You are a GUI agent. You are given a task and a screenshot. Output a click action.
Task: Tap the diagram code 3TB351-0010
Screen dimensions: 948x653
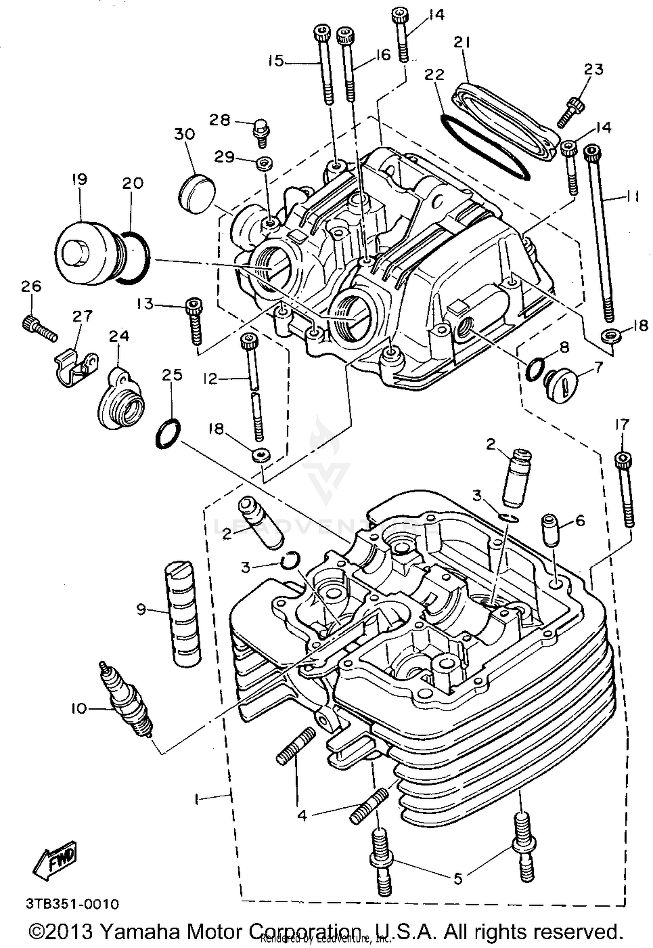(72, 904)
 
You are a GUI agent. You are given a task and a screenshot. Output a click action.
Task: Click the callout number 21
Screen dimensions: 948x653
(461, 43)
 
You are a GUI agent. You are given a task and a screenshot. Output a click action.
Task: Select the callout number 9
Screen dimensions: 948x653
(141, 609)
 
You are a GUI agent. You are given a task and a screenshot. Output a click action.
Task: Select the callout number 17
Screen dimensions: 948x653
(623, 424)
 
